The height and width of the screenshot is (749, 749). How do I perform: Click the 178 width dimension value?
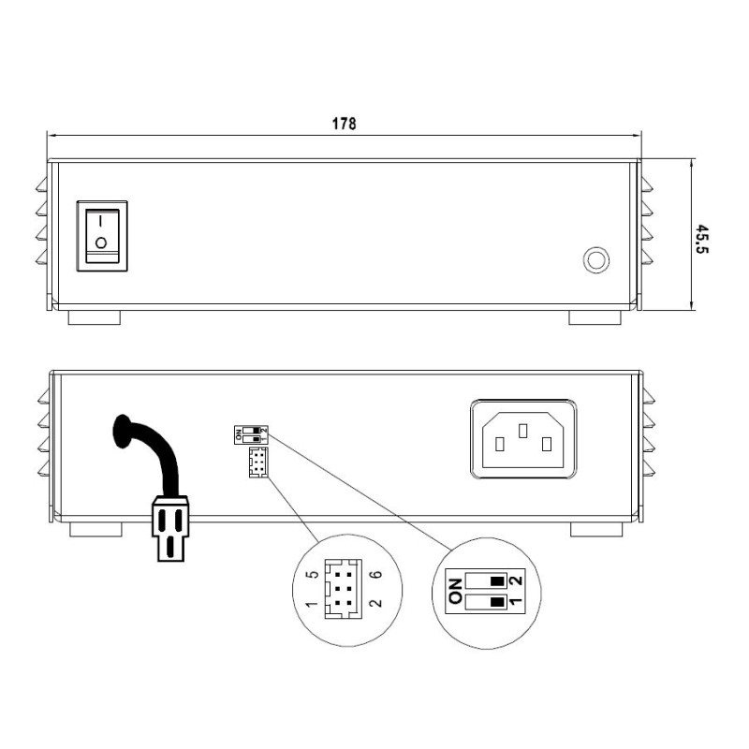point(344,124)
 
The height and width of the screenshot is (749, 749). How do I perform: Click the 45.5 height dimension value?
point(701,238)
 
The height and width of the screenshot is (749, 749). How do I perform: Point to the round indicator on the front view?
point(595,259)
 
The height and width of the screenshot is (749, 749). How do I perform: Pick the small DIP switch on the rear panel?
point(250,433)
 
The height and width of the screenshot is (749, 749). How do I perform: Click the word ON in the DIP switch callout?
point(456,590)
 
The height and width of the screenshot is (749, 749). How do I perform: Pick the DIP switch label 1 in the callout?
point(514,602)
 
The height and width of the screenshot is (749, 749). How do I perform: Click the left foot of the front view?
point(95,318)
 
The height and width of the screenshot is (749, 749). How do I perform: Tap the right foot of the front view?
point(595,318)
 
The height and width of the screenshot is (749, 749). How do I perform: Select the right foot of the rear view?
point(595,529)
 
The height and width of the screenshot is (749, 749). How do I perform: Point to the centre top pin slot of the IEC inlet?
point(523,429)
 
